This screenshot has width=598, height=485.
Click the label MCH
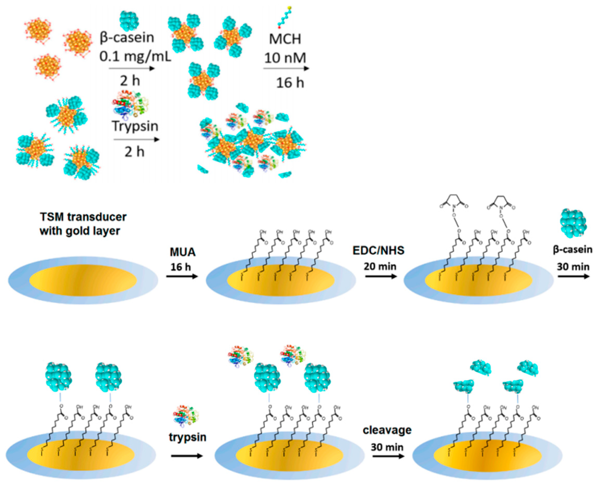pyautogui.click(x=285, y=39)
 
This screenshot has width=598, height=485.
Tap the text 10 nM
pyautogui.click(x=285, y=58)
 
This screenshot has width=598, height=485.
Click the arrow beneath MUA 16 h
pyautogui.click(x=182, y=276)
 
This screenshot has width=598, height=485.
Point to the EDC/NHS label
pyautogui.click(x=378, y=250)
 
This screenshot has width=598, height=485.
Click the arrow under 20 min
pyautogui.click(x=381, y=276)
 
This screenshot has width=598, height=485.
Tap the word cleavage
pyautogui.click(x=387, y=430)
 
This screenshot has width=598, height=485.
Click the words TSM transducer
pyautogui.click(x=83, y=217)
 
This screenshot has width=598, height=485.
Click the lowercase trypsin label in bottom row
pyautogui.click(x=188, y=437)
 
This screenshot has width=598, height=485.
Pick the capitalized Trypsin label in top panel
pyautogui.click(x=135, y=126)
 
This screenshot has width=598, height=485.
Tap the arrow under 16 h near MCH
pyautogui.click(x=286, y=68)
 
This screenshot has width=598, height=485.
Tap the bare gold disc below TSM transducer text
pyautogui.click(x=83, y=280)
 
